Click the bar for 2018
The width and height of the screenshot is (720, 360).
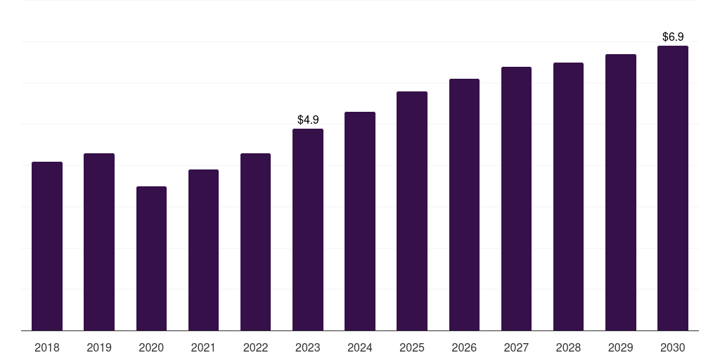pos(47,246)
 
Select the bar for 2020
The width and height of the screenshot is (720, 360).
pos(151,259)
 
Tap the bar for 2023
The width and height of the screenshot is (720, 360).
pos(308,230)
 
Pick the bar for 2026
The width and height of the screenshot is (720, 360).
pos(464,205)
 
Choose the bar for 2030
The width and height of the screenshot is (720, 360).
pos(673,188)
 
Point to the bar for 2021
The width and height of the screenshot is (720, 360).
pos(203,250)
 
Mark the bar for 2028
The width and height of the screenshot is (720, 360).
pos(568,197)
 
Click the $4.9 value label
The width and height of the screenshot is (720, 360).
pos(308,120)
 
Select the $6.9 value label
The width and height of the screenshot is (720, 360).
pos(673,37)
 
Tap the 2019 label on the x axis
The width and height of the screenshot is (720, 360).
pos(99,347)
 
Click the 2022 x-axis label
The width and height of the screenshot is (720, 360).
pos(255,347)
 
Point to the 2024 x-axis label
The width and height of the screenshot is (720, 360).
pos(360,347)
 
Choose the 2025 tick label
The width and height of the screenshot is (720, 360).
pos(412,347)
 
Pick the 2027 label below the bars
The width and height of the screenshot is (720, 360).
pos(516,347)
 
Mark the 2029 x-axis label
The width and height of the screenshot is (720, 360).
pos(621,347)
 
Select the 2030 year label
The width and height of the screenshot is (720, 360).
pos(673,347)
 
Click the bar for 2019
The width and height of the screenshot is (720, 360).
pos(99,242)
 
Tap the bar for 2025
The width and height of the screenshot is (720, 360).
pos(412,211)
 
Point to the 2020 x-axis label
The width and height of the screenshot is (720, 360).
pos(151,347)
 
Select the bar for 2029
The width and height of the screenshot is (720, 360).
pos(621,193)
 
